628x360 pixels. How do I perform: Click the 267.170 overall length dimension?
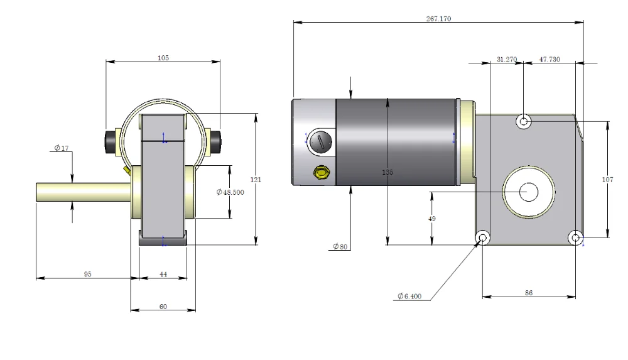click(438, 18)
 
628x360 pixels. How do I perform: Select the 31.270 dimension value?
click(507, 59)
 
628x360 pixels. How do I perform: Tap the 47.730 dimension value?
click(549, 59)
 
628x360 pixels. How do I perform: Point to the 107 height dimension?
click(607, 180)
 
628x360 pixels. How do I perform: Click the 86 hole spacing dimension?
click(529, 293)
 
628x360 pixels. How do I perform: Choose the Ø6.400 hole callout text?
click(409, 297)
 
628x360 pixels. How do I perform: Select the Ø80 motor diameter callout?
click(340, 246)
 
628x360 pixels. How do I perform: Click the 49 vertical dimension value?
click(432, 219)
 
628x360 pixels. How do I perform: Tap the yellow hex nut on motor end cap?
click(321, 173)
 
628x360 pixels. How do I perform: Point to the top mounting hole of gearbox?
click(524, 121)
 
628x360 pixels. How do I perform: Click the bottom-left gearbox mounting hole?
click(482, 238)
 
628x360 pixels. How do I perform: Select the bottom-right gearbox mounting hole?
click(575, 238)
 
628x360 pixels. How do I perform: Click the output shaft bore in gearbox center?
click(529, 192)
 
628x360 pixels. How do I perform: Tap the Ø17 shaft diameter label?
click(62, 148)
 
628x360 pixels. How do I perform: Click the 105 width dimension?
click(163, 58)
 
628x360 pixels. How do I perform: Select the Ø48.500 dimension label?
click(230, 192)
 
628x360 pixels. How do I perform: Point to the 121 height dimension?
click(256, 180)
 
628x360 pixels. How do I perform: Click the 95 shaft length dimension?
click(88, 274)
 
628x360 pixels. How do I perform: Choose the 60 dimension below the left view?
click(163, 307)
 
